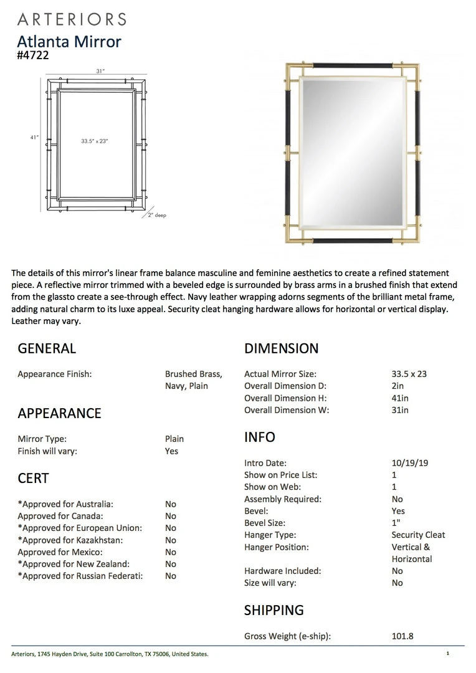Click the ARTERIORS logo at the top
point(72,19)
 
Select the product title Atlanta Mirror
point(69,42)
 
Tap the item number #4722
point(33,55)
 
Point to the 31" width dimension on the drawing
point(100,72)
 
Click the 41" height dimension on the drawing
point(34,137)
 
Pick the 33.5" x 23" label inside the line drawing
point(95,141)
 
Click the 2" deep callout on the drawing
point(157,215)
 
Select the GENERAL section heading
point(47,348)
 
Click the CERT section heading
point(34,478)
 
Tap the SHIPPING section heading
point(274,610)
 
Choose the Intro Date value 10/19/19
point(410,463)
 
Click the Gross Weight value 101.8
point(402,636)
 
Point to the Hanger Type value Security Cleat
point(418,535)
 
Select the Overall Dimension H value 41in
point(401,398)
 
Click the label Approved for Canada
point(60,516)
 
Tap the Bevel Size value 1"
point(396,523)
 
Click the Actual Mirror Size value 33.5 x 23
point(409,374)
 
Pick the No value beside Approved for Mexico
point(171,552)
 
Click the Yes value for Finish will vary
point(172,451)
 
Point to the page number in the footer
point(447,654)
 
